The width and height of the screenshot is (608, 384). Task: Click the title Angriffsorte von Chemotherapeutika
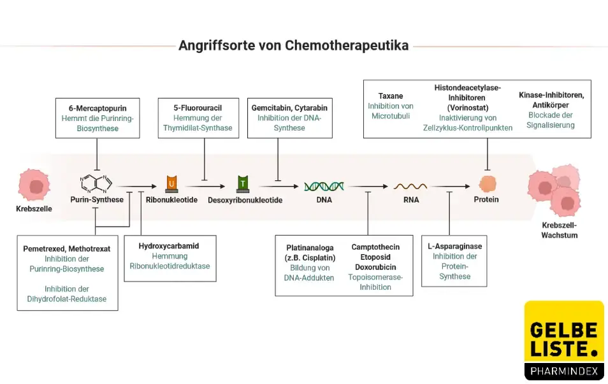pos(293,46)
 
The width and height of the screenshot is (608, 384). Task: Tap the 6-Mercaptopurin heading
pos(96,108)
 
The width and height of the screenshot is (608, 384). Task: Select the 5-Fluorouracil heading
pos(198,108)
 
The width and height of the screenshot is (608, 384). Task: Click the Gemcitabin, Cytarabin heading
pos(289,108)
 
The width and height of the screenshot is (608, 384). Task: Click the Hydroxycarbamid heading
pos(169,245)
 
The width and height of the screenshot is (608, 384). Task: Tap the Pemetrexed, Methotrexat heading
pos(67,249)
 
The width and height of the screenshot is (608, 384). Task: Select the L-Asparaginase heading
pos(455,246)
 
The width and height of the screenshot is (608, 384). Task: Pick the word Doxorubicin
pos(375,267)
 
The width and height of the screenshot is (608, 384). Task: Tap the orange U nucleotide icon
pos(171,184)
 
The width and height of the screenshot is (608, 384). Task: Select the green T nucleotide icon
pos(243,184)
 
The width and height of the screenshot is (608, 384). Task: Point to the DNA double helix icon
pos(324,186)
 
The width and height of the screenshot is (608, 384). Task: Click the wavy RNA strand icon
pos(410,186)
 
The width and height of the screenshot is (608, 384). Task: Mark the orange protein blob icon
pos(487,185)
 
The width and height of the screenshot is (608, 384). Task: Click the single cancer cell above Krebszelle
pos(34,185)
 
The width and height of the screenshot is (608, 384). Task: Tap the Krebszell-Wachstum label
pos(558,230)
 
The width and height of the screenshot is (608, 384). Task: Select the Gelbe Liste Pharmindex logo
pos(563,341)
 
